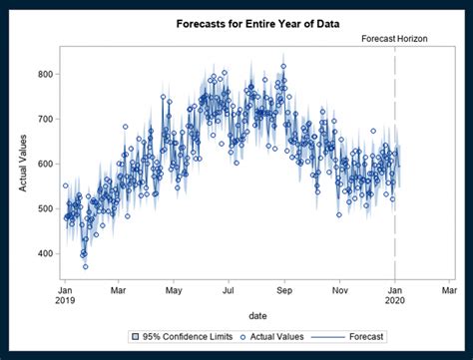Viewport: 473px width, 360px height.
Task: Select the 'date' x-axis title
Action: pyautogui.click(x=257, y=316)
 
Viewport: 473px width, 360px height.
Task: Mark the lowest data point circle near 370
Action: pyautogui.click(x=85, y=266)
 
